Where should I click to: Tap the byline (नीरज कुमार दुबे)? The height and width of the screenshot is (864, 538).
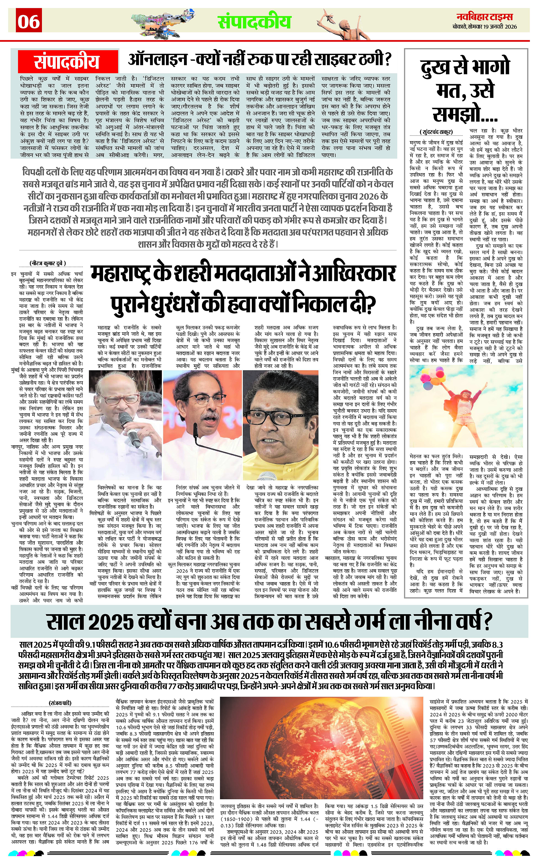[x=48, y=264]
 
